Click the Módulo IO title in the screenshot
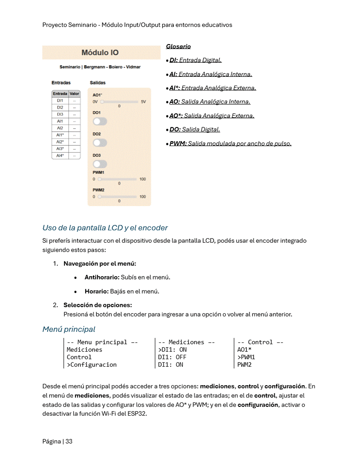100,53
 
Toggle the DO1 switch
100,121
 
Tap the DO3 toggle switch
100,164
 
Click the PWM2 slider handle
100,197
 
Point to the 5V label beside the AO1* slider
143,101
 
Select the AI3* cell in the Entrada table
60,149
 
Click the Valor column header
75,94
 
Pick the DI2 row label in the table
60,107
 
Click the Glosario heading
178,46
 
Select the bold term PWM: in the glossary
178,143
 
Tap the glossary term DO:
175,130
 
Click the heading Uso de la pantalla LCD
105,228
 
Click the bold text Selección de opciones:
97,305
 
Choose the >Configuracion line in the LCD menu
92,365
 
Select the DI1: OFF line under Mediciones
172,357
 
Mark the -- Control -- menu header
260,342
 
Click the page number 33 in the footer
69,441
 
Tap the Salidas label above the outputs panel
97,83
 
